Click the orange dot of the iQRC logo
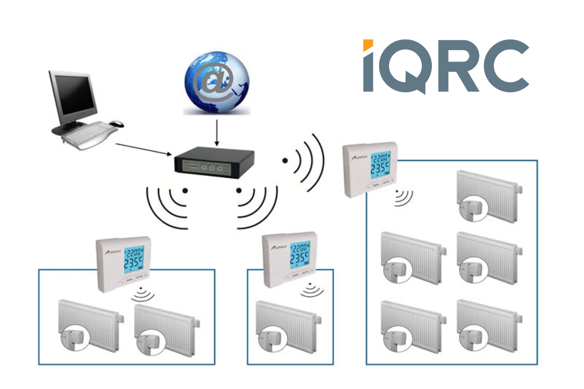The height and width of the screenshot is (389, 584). pyautogui.click(x=368, y=45)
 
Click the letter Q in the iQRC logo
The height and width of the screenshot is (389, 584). pyautogui.click(x=404, y=65)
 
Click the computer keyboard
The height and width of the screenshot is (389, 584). pyautogui.click(x=89, y=133)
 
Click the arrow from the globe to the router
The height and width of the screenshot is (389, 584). pyautogui.click(x=217, y=133)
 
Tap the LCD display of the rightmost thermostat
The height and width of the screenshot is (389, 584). pyautogui.click(x=380, y=164)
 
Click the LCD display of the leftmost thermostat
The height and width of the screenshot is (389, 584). pyautogui.click(x=133, y=259)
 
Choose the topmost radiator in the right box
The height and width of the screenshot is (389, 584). pyautogui.click(x=489, y=196)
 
